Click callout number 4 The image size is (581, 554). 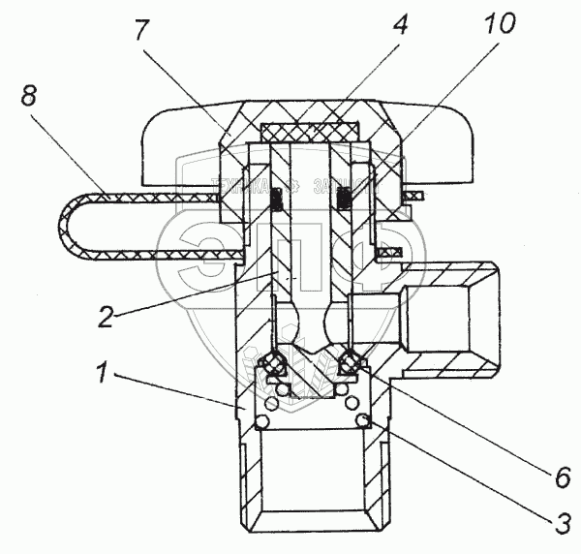point(400,26)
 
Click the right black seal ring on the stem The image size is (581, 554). point(345,200)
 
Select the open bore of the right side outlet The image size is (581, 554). point(455,321)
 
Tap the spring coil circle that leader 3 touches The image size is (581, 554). point(365,418)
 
